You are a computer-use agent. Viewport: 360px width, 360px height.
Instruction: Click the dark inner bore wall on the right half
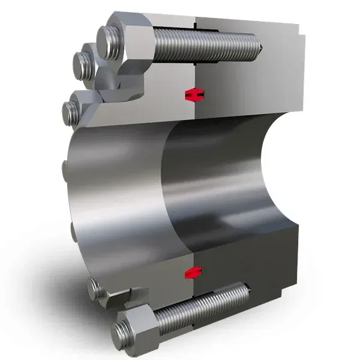[240, 180]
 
